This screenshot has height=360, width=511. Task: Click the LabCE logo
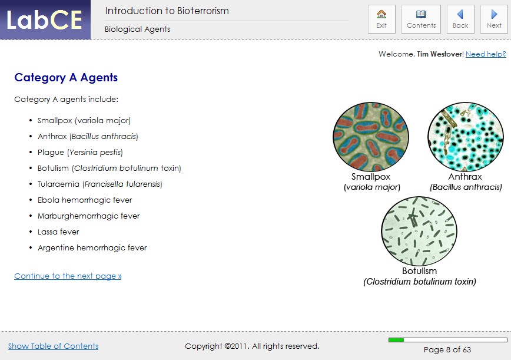45,20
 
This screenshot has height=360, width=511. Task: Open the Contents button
421,19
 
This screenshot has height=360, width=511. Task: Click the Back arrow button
460,19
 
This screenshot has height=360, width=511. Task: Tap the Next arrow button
494,19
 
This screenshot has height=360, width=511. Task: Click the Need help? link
486,54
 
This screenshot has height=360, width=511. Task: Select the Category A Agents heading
66,78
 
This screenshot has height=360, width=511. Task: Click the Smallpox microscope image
371,137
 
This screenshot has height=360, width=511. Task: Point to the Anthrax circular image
465,137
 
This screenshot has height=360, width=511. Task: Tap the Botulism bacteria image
419,232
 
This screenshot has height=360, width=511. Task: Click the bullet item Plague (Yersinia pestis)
80,152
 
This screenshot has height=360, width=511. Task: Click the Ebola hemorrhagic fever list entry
85,200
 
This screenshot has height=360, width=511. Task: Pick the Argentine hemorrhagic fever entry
92,247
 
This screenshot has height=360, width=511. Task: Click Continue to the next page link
68,276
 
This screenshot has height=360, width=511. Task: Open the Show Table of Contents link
53,346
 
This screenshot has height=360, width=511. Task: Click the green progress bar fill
396,340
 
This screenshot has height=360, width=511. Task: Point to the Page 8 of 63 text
447,349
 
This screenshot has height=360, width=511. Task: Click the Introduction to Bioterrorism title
167,11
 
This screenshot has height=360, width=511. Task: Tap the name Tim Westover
440,54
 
